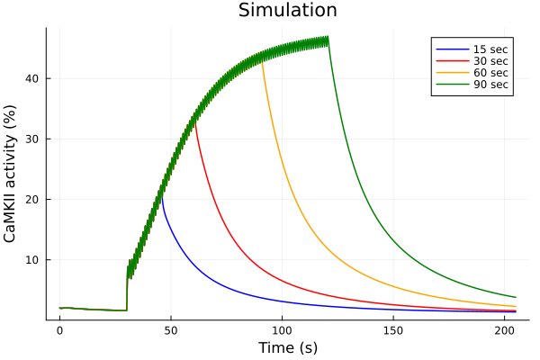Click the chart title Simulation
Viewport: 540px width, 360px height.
[287, 11]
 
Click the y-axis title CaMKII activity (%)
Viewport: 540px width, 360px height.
[11, 173]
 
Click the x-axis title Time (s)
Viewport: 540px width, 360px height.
[287, 347]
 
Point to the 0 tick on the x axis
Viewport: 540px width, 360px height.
[59, 330]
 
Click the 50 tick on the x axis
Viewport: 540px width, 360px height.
[171, 330]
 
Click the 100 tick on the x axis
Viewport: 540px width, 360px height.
[283, 330]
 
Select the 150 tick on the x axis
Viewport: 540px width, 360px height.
[393, 330]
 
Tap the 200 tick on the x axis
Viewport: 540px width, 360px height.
[505, 330]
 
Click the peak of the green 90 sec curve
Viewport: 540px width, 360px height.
[328, 38]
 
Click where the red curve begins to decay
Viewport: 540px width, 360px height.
[194, 121]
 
